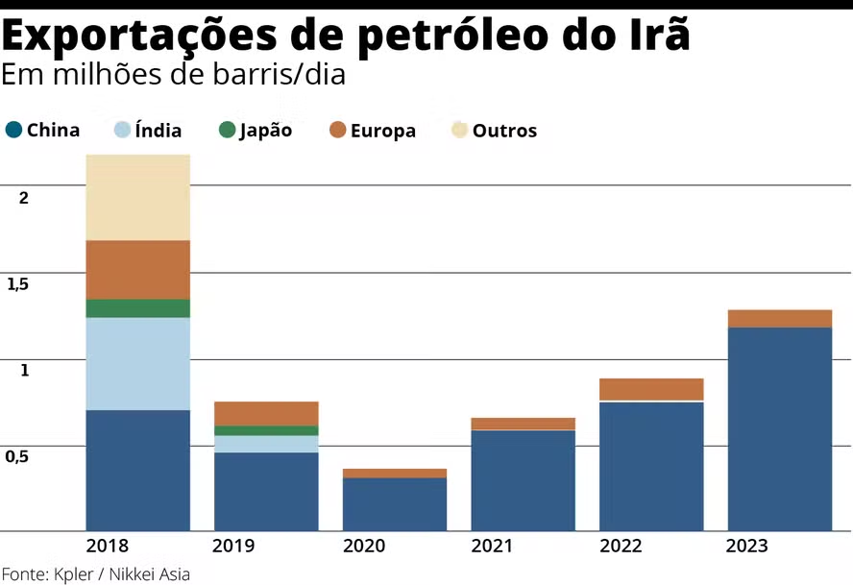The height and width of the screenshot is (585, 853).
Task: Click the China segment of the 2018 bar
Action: pos(137,470)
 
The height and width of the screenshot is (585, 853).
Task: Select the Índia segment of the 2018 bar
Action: pos(137,363)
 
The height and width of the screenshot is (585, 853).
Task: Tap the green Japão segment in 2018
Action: pos(137,308)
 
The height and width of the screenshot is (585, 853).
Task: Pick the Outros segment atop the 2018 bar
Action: pos(137,197)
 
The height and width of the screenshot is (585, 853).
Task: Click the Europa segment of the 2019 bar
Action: pos(266,413)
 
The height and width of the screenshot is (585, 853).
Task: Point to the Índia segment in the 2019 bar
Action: pos(266,444)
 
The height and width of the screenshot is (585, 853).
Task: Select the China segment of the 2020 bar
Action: pos(395,503)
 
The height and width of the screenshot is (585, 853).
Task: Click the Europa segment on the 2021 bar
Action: pos(523,424)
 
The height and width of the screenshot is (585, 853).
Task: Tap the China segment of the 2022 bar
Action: pos(651,466)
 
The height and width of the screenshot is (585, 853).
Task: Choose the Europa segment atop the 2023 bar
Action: pos(780,319)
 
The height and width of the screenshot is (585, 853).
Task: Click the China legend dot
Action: pos(13,130)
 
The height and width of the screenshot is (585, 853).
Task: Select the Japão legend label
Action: pos(266,130)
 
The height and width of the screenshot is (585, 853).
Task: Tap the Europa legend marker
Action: pos(337,130)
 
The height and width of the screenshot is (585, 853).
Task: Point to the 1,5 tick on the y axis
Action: pos(19,284)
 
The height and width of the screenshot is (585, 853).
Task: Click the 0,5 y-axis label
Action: pos(19,456)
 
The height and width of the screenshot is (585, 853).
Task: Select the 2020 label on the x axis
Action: pos(363,546)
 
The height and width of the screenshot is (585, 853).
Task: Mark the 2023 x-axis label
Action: pos(747,546)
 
